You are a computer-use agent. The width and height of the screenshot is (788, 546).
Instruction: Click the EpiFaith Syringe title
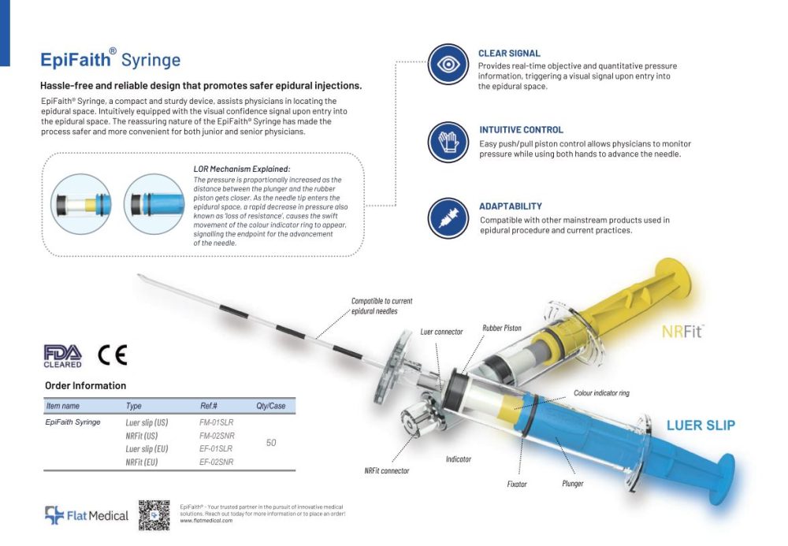[110, 60]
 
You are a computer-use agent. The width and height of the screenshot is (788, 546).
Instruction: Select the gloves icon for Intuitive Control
[448, 143]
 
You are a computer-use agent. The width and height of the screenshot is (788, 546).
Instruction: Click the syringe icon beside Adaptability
[448, 218]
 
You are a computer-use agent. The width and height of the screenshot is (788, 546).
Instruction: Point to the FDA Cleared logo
[63, 356]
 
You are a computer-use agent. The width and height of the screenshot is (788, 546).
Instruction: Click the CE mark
[112, 355]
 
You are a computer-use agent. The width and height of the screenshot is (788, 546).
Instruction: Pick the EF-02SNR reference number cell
[217, 462]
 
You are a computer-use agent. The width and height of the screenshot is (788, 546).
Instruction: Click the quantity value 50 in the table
[271, 443]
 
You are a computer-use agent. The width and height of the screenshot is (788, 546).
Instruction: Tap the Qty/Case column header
[270, 406]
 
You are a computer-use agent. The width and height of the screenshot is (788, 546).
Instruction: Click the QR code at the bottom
[154, 515]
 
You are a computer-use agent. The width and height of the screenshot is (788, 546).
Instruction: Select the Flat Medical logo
[86, 516]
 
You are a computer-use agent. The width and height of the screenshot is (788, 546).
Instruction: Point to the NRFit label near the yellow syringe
[682, 332]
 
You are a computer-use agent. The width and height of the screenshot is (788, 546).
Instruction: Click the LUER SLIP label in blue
[701, 425]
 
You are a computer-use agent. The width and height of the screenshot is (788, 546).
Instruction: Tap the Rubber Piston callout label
[501, 328]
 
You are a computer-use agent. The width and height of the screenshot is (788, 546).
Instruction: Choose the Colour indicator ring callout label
[601, 392]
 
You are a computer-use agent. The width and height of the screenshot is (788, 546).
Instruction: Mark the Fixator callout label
[517, 484]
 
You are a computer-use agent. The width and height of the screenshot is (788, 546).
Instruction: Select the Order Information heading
[86, 386]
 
